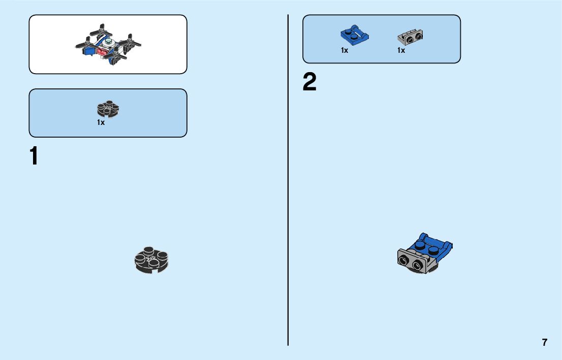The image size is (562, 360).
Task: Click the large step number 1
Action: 34,156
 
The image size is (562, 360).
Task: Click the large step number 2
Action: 309,83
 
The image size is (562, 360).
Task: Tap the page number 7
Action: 545,342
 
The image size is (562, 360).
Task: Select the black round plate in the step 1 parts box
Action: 108,110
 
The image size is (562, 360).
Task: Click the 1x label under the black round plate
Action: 101,122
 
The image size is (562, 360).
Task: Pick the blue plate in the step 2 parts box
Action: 354,35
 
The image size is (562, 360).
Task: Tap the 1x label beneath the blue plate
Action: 345,50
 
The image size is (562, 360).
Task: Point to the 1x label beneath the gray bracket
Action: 401,50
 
